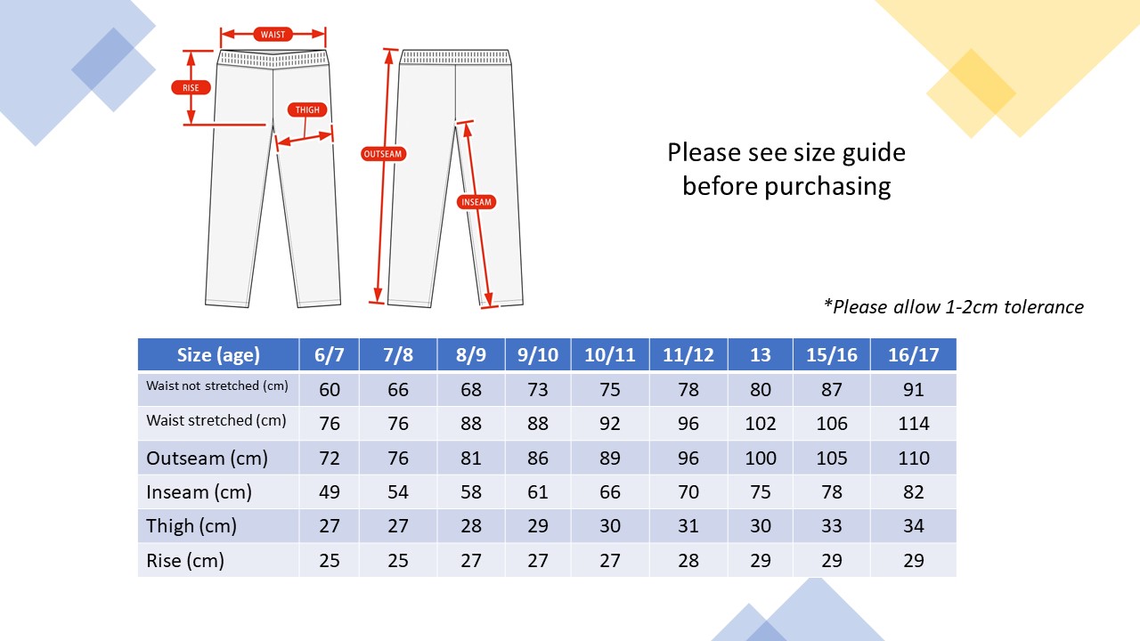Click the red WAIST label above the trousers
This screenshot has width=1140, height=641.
click(x=273, y=35)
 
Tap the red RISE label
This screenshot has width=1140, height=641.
click(x=191, y=87)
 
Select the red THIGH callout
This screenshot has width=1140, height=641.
click(x=307, y=110)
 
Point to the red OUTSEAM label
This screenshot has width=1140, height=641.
click(x=383, y=154)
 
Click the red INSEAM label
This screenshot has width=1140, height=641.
click(x=476, y=202)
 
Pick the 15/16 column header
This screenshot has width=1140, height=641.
click(x=832, y=354)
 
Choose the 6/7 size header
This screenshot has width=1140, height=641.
click(x=330, y=354)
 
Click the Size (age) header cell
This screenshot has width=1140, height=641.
click(x=218, y=354)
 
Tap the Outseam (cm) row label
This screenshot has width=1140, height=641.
click(x=208, y=458)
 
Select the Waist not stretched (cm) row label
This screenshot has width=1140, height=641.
click(x=217, y=385)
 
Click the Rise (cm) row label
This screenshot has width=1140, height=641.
click(x=185, y=561)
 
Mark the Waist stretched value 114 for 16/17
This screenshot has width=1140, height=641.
click(x=914, y=424)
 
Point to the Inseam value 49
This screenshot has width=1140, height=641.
click(x=330, y=492)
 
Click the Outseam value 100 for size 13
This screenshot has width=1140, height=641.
click(x=761, y=458)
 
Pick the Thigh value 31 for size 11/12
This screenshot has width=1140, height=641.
click(x=688, y=526)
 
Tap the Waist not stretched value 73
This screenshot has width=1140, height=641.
click(x=537, y=390)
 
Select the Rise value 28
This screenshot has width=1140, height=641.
click(x=688, y=561)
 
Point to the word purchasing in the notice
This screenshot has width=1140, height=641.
click(x=827, y=187)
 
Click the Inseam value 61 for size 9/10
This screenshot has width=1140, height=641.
click(x=537, y=492)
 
